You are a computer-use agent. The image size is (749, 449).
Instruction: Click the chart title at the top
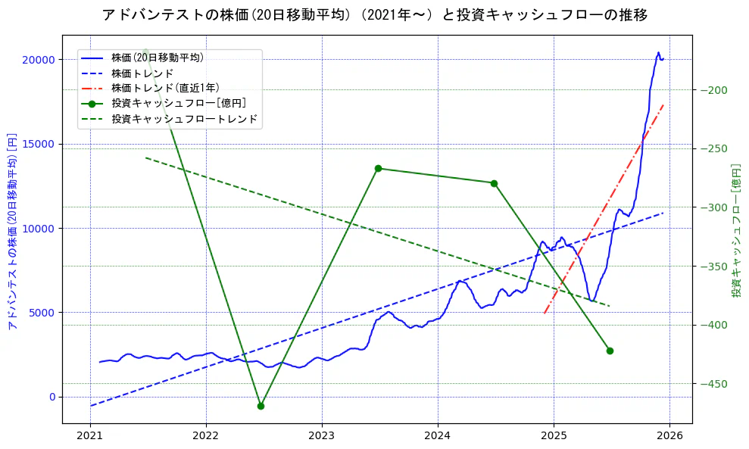[374, 14]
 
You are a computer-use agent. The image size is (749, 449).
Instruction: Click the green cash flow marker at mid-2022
[261, 406]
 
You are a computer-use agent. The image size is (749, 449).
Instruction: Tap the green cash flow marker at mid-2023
[378, 168]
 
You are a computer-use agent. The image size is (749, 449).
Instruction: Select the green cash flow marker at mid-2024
[494, 183]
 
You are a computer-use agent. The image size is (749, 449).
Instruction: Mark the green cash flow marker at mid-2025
[610, 351]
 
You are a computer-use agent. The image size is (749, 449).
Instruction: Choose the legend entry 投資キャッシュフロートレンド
[184, 119]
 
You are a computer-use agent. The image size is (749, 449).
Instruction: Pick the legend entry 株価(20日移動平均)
[157, 57]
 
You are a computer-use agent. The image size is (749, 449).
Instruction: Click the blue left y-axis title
[12, 229]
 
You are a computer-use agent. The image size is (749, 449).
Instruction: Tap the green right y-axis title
[736, 229]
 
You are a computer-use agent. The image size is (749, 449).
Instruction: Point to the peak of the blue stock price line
[658, 52]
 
